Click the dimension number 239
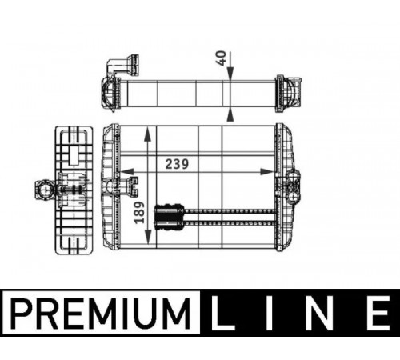coord(177,164)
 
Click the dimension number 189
coord(139,213)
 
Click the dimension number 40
coord(221,58)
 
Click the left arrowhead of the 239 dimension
coord(127,172)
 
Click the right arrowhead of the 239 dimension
coord(267,172)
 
